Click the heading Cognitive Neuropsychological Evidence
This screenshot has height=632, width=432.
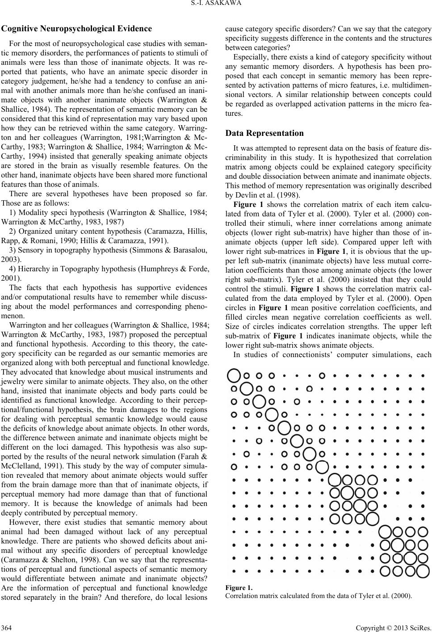(77, 29)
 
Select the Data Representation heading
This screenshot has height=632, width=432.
(264, 133)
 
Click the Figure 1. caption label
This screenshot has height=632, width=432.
(239, 588)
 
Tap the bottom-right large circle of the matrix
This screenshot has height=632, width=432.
(423, 571)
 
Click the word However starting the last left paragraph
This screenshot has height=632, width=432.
(24, 522)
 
